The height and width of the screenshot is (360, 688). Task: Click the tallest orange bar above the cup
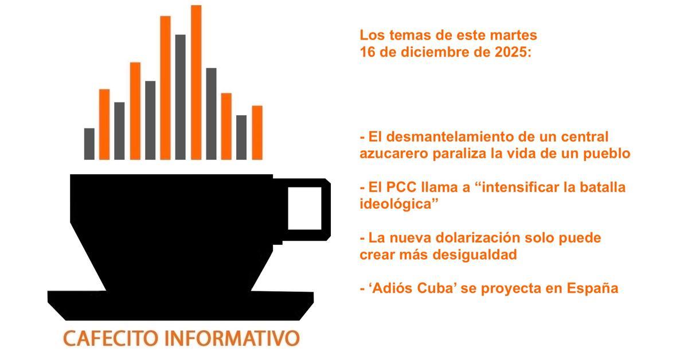(196, 82)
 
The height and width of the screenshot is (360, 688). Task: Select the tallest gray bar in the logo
(181, 97)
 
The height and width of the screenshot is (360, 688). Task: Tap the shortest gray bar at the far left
(89, 143)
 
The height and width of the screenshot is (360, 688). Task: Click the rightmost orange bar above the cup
(257, 132)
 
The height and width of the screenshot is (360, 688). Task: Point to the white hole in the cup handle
(304, 208)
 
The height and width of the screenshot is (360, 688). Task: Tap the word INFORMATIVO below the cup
(231, 338)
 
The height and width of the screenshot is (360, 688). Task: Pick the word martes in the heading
(515, 35)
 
